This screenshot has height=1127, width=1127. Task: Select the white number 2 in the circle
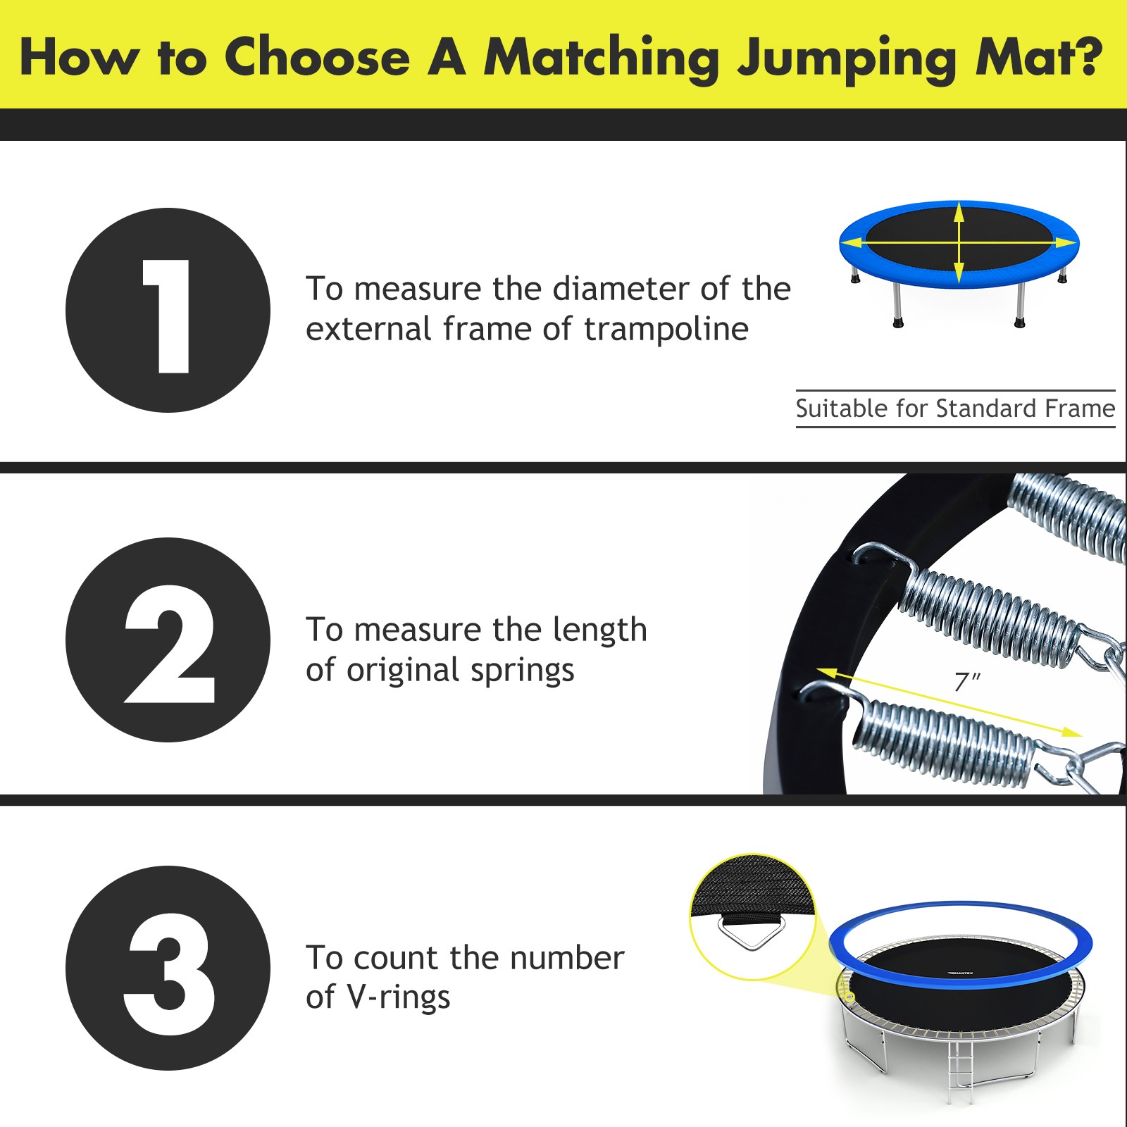pyautogui.click(x=169, y=643)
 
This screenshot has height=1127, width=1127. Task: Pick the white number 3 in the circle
pyautogui.click(x=169, y=973)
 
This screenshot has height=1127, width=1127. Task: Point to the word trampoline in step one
pyautogui.click(x=666, y=330)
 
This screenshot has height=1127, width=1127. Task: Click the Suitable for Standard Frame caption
pyautogui.click(x=955, y=409)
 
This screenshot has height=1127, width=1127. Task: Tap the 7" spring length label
pyautogui.click(x=966, y=682)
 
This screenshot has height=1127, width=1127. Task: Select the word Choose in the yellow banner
pyautogui.click(x=316, y=56)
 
